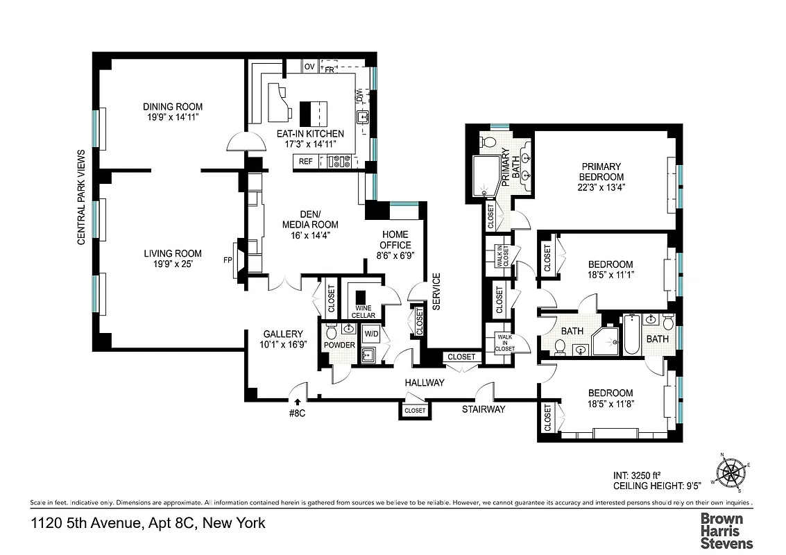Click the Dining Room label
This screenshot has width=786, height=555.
point(173,106)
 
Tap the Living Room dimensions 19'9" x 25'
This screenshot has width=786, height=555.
point(173,264)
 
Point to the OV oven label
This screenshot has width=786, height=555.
point(309,67)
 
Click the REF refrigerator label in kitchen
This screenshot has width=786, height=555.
point(306,161)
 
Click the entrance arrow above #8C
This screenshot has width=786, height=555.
point(298,401)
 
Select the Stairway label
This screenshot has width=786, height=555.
point(484,409)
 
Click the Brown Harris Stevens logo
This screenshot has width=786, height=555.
point(726,530)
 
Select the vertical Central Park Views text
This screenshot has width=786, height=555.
point(81,197)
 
